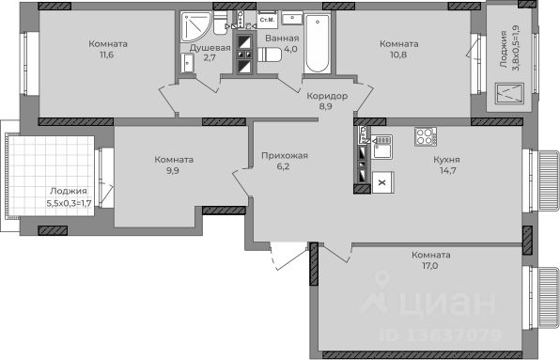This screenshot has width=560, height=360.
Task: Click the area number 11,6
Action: pos(107,55)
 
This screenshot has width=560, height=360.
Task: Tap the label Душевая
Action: pos(210,48)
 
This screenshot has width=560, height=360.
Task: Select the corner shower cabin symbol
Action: pos(195,26)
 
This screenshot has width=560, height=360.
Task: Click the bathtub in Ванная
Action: pos(318,43)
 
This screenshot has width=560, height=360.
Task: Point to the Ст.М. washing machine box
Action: pos(267,20)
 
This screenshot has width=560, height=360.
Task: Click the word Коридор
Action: pos(327,96)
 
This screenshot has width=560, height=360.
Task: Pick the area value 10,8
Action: pos(398,55)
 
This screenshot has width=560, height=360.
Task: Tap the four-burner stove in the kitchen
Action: pos(426,136)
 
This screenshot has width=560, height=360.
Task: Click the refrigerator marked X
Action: pos(382,182)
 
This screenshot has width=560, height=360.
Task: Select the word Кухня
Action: pos(446,160)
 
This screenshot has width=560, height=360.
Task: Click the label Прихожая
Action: pos(285,156)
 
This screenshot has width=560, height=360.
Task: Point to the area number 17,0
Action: pos(430,266)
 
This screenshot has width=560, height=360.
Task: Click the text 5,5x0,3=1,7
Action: pos(70,204)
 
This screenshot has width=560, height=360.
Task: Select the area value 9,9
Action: pos(173,170)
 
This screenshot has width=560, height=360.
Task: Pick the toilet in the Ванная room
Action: pos(270,55)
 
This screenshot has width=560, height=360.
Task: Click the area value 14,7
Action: pos(448,170)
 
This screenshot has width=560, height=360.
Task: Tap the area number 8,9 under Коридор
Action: pos(326,106)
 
